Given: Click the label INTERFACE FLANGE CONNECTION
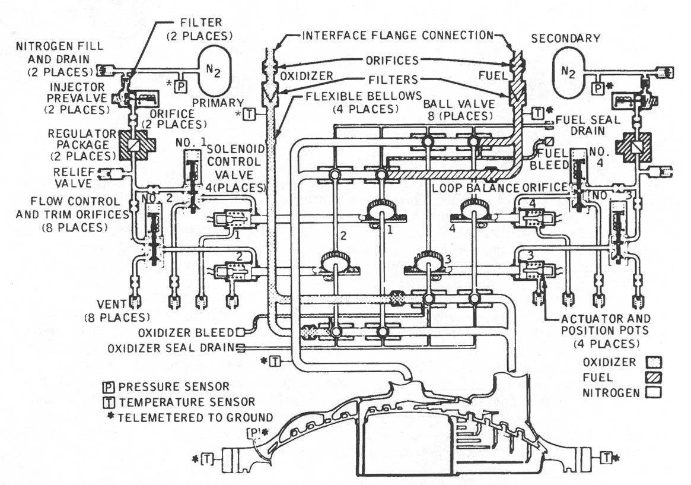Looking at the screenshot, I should click(397, 35).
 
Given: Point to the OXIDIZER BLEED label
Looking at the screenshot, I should click(187, 332).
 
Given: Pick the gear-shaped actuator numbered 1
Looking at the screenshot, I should click(381, 209).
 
